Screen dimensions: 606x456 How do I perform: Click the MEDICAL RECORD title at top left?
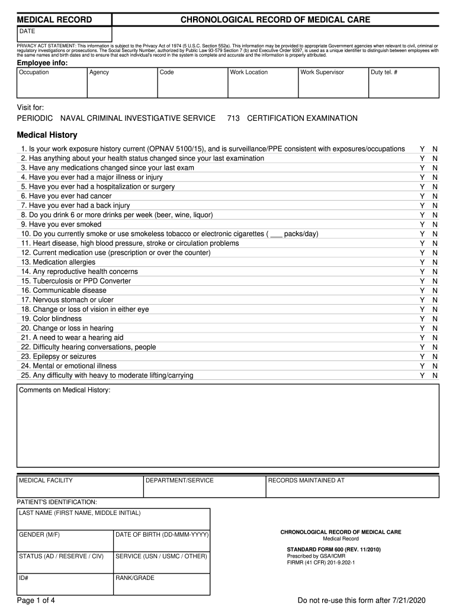coord(54,20)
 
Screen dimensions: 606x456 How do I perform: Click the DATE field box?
coord(64,34)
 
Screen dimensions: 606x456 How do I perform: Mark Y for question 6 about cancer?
coord(422,196)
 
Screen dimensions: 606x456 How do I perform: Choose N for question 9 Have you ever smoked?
coord(435,224)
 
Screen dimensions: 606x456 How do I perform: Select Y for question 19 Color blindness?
coord(422,319)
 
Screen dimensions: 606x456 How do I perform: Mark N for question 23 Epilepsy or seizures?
coord(435,357)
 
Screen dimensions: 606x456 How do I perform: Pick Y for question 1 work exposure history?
coord(422,149)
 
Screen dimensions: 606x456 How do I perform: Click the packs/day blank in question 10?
coord(276,234)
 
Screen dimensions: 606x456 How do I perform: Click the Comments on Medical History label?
coord(65,391)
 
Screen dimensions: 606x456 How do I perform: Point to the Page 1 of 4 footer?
coord(36,601)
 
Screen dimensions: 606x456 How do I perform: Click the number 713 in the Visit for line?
coord(233,118)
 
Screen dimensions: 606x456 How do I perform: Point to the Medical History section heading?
coord(47,135)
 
